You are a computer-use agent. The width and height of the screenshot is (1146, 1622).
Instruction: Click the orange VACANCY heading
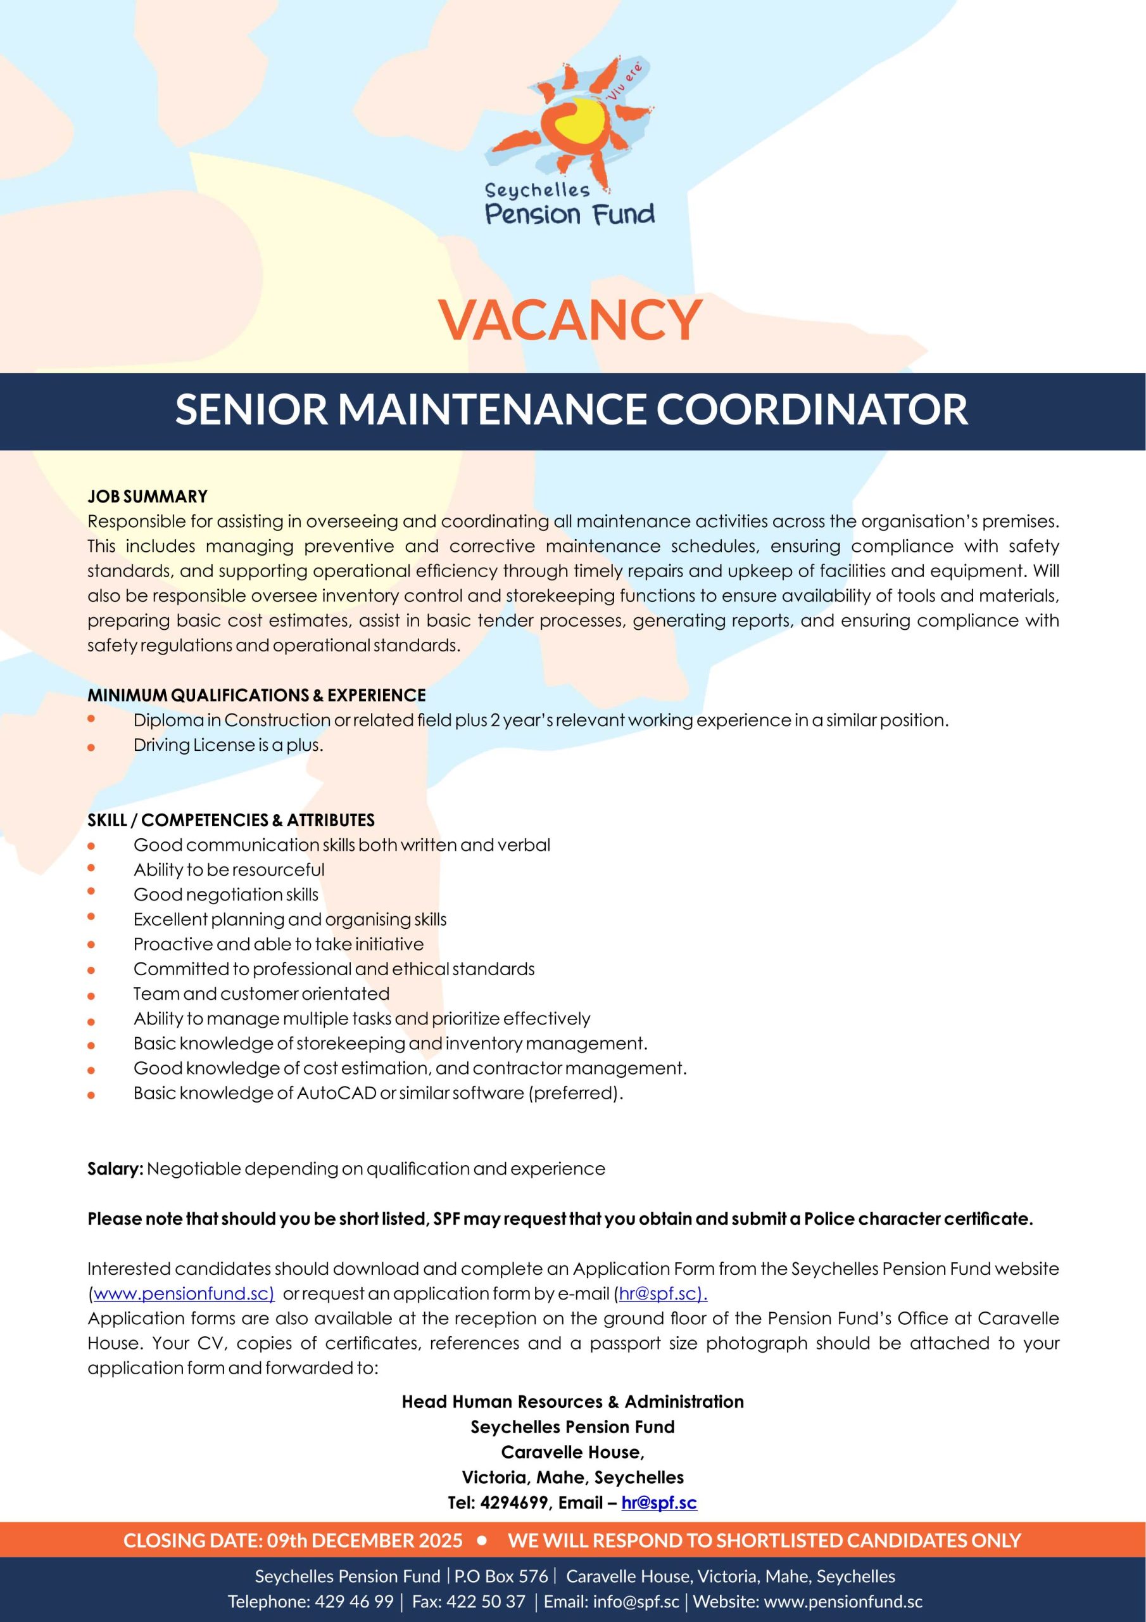[570, 319]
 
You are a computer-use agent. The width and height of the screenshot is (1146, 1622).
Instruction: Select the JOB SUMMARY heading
[148, 497]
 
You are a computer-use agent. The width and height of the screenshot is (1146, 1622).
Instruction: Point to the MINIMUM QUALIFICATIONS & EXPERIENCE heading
[256, 695]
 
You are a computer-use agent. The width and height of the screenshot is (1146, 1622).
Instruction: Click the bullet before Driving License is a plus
[91, 747]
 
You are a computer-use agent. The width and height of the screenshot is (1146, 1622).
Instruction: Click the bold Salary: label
[115, 1169]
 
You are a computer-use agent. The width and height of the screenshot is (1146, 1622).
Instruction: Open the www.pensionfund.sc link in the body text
[182, 1294]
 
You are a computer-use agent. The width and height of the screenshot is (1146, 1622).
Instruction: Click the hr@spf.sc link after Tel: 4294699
[658, 1503]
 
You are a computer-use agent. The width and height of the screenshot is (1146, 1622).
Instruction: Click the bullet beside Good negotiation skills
[91, 891]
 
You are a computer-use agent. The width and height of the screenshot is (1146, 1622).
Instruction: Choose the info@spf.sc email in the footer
[636, 1602]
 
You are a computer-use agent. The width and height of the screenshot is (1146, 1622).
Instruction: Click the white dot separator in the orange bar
[483, 1540]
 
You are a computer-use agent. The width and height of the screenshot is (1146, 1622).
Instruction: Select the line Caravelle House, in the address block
[572, 1452]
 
